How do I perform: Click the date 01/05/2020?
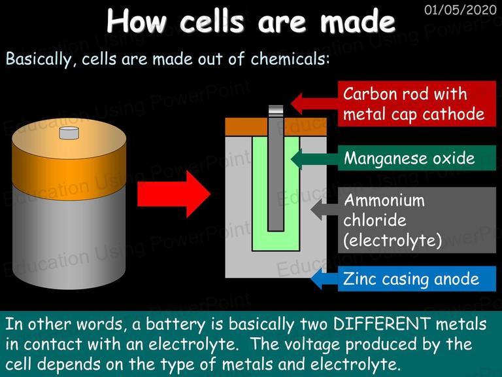tap(460, 10)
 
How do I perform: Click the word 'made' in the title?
tap(358, 22)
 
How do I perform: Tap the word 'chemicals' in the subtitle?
tap(290, 59)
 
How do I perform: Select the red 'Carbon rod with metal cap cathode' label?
tap(417, 104)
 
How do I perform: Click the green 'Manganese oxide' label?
tap(417, 158)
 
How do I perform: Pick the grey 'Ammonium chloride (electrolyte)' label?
tap(417, 220)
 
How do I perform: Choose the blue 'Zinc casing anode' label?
tap(417, 279)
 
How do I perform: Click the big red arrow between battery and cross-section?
tap(174, 194)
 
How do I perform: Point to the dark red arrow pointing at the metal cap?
tap(314, 104)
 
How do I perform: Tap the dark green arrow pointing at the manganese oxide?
tap(314, 158)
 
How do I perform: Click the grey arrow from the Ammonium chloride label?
tap(324, 209)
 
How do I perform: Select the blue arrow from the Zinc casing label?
tap(324, 279)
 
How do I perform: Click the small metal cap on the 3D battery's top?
tap(69, 133)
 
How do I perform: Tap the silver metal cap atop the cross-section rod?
tap(276, 111)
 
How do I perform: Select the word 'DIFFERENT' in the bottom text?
tap(381, 324)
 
